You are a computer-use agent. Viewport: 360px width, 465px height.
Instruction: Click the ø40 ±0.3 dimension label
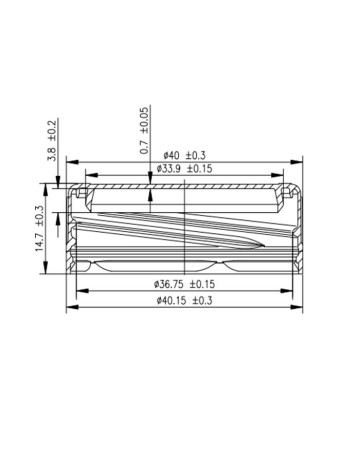pyautogui.click(x=184, y=155)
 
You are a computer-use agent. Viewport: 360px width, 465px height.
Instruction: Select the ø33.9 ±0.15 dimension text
pyautogui.click(x=184, y=169)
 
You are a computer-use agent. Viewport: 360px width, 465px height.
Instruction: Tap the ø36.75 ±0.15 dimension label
pyautogui.click(x=184, y=284)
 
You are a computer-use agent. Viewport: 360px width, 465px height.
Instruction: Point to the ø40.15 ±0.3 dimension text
pyautogui.click(x=184, y=300)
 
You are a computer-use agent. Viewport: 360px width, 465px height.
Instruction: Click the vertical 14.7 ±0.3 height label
pyautogui.click(x=39, y=228)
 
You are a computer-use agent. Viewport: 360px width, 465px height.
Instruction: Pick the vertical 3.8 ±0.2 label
pyautogui.click(x=52, y=141)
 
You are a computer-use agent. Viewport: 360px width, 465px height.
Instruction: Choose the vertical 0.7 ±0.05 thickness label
pyautogui.click(x=144, y=131)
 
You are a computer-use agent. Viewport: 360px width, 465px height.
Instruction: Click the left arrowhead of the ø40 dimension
pyautogui.click(x=72, y=162)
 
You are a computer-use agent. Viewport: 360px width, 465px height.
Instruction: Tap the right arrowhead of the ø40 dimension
pyautogui.click(x=296, y=162)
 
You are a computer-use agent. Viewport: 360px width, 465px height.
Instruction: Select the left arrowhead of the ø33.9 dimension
pyautogui.click(x=92, y=175)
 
